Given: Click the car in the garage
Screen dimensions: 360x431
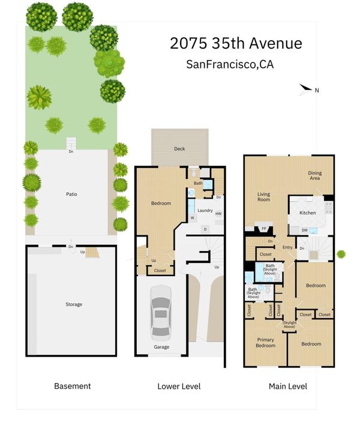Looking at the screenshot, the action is (x=161, y=313).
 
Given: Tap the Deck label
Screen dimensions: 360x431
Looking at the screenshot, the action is (x=179, y=149).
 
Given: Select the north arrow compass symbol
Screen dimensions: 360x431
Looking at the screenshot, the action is (x=305, y=89).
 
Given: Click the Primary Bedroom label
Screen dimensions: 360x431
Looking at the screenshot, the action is (x=265, y=343).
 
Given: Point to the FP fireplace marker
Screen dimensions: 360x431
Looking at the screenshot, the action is (x=264, y=229).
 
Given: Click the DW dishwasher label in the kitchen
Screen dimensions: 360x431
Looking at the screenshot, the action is (x=304, y=230).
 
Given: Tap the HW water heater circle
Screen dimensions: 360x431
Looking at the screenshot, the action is (x=218, y=214).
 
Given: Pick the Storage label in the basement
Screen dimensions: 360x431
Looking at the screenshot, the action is (x=74, y=304).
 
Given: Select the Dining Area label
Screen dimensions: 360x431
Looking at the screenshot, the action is (x=314, y=175).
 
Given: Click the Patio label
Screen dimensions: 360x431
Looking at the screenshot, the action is (x=71, y=194).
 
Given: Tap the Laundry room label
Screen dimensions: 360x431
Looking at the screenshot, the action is (x=205, y=211).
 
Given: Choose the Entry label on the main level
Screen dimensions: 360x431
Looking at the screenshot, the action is (x=287, y=247).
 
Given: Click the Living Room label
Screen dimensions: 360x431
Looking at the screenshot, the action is (x=263, y=197).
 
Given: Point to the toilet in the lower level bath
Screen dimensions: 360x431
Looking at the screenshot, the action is (x=194, y=172).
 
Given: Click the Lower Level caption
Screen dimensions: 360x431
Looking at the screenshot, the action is (x=179, y=387).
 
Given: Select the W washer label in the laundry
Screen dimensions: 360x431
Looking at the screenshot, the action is (x=193, y=218).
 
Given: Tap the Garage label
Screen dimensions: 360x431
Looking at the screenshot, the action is (x=161, y=347).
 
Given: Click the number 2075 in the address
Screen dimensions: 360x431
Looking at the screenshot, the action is (x=188, y=43).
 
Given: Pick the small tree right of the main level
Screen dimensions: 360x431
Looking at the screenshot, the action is (x=341, y=255).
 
